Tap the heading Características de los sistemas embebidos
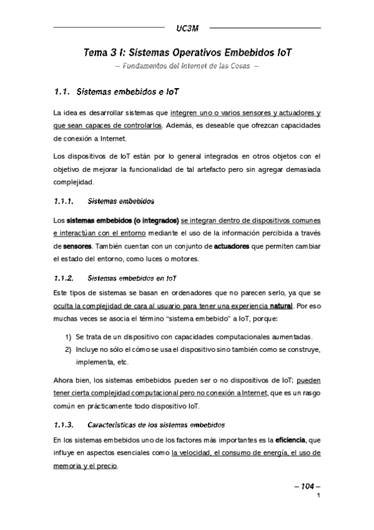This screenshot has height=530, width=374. pyautogui.click(x=153, y=426)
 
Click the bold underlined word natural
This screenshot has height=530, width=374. pyautogui.click(x=282, y=307)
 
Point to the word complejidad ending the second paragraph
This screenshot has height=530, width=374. pyautogui.click(x=74, y=183)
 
